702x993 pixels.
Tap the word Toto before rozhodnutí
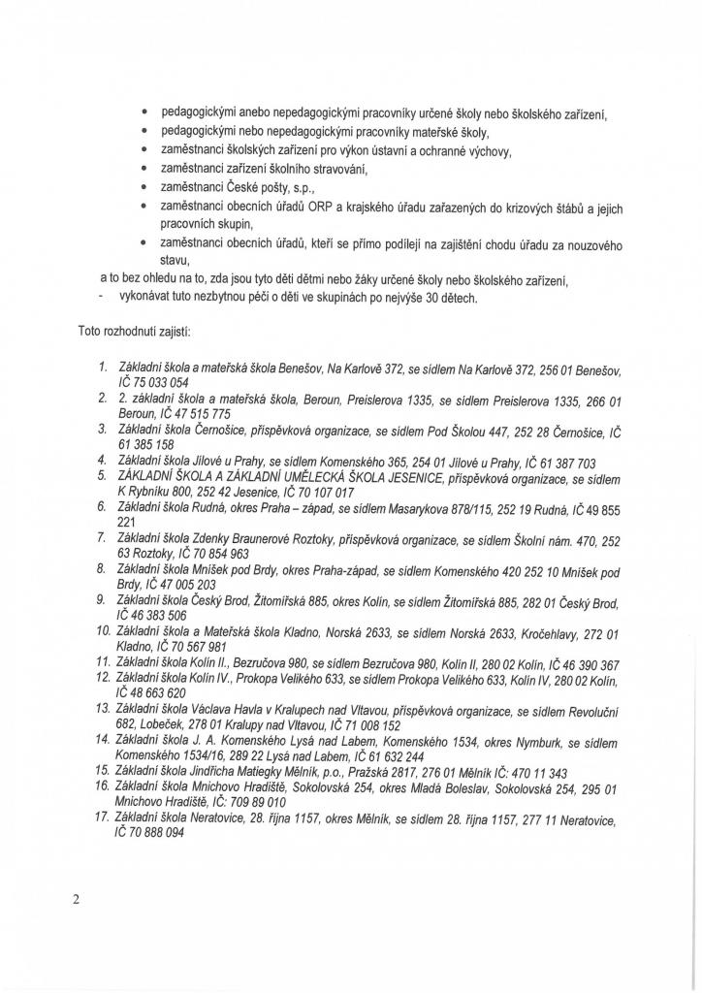(90, 331)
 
